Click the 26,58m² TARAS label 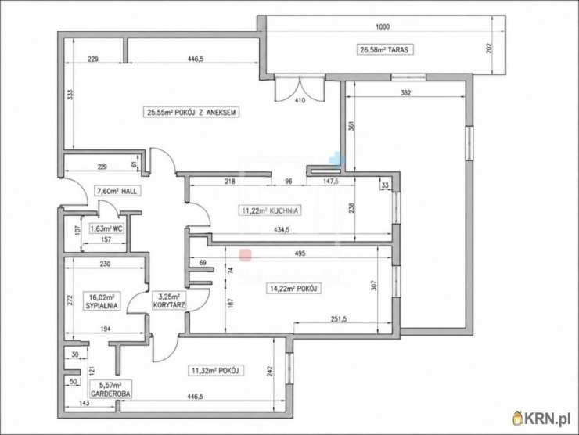384,49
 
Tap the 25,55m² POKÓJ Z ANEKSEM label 191,112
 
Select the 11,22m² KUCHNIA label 270,210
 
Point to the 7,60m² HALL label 117,191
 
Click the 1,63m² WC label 106,228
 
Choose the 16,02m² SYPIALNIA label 102,301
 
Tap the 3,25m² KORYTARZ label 169,301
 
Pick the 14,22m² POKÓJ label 293,288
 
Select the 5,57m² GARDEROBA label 110,390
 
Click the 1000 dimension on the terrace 383,27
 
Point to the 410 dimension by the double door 300,100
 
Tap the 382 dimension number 405,92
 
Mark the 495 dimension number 300,253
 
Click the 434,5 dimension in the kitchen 282,230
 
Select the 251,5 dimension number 339,319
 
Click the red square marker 246,255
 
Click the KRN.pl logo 541,418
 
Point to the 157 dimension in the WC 106,239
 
